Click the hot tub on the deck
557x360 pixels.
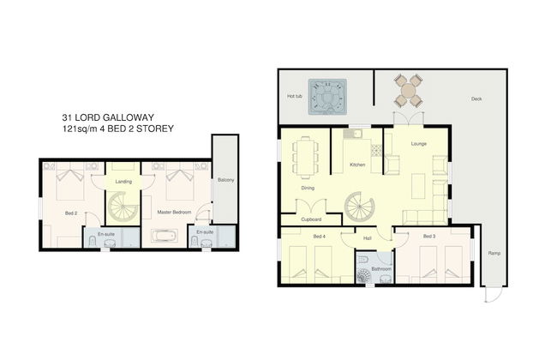(327, 97)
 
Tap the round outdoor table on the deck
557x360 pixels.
(408, 91)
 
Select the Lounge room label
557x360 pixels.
(419, 144)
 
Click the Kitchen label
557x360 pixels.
(357, 165)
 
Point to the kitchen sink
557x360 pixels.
(352, 134)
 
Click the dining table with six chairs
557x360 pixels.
(305, 158)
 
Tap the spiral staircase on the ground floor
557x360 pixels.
(360, 207)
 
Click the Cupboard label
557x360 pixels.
(311, 219)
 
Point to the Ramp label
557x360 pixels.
(494, 254)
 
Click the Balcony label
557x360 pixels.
(226, 180)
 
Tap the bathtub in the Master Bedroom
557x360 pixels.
(165, 236)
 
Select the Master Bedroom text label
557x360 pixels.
(174, 213)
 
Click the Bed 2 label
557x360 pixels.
(71, 213)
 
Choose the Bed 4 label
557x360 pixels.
(320, 237)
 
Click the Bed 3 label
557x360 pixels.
(429, 237)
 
